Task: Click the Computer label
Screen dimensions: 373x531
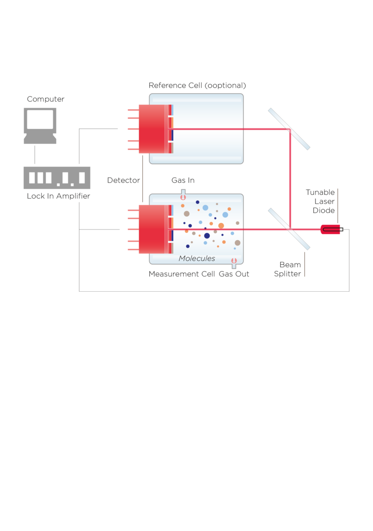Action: coord(45,99)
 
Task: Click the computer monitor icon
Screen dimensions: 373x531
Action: coord(40,126)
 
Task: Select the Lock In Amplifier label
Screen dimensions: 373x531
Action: coord(58,196)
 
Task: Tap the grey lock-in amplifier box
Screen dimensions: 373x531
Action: coord(57,178)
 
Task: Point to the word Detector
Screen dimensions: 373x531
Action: coord(123,180)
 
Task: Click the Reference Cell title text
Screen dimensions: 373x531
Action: coord(197,85)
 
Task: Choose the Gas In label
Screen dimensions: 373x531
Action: coord(183,180)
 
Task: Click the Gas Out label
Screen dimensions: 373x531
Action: coord(234,274)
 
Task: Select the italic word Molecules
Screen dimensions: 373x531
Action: coord(197,258)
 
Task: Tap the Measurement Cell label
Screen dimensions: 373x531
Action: coord(181,274)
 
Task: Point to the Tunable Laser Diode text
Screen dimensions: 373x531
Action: coord(320,201)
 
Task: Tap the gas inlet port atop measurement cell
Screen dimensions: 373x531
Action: coord(183,194)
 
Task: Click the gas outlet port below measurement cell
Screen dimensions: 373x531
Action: coord(234,263)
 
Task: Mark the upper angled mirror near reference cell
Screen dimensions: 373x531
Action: coord(289,129)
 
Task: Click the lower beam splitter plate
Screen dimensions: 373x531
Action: coord(289,229)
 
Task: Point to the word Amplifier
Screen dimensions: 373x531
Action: coord(73,196)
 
